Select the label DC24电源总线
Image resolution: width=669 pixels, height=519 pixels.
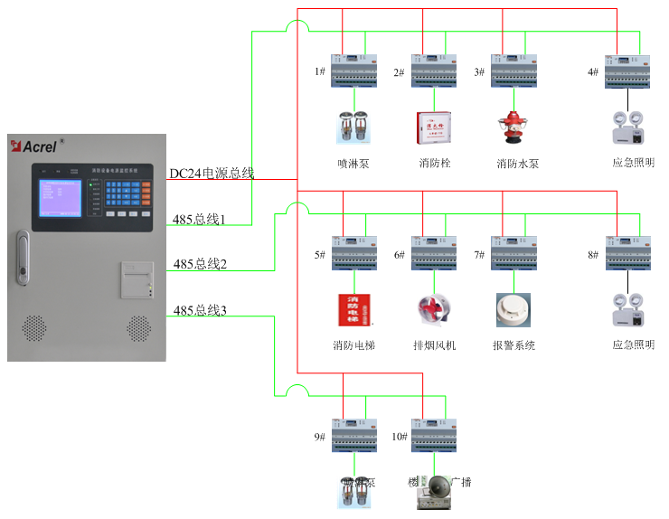point(212,173)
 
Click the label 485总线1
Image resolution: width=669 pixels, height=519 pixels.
point(199,220)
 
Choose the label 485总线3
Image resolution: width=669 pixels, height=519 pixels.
point(200,311)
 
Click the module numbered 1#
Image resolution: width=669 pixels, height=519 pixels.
point(353,71)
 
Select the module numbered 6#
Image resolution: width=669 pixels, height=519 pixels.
point(434,253)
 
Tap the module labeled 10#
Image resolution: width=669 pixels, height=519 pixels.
point(434,435)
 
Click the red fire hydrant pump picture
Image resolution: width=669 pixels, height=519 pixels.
point(513,128)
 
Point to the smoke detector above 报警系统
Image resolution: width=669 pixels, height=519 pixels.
point(513,310)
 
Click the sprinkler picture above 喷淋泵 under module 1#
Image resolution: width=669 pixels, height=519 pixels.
point(353,127)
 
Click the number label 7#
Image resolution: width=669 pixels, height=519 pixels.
point(479,255)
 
